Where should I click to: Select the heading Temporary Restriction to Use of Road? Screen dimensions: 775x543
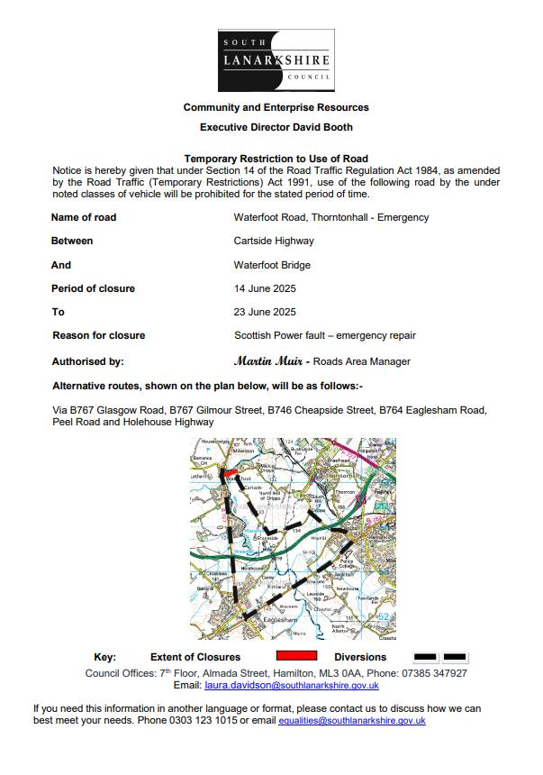click(276, 159)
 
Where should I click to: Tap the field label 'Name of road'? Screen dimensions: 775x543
click(84, 217)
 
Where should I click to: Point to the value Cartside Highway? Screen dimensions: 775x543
click(274, 242)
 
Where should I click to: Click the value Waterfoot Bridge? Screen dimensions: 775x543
click(273, 265)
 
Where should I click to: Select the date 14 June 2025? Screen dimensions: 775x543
click(265, 288)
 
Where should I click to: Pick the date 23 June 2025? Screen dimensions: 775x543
click(265, 312)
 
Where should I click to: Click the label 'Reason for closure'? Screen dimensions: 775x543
click(99, 335)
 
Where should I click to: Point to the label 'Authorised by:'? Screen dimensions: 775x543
click(87, 361)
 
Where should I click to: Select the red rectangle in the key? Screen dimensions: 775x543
click(295, 656)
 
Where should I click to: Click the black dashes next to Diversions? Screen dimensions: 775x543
click(439, 657)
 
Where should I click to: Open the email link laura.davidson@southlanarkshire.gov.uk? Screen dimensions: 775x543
click(298, 686)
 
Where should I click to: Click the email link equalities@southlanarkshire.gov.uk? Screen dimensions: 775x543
click(352, 721)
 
